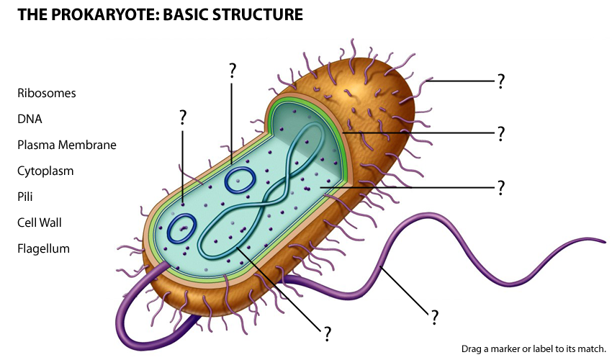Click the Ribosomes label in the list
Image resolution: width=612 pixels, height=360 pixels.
click(47, 94)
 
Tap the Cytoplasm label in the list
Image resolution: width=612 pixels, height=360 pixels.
click(45, 171)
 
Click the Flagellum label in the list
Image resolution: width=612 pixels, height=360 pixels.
click(43, 249)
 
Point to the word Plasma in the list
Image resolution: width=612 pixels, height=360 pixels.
click(34, 145)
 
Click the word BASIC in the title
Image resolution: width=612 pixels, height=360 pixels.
click(183, 14)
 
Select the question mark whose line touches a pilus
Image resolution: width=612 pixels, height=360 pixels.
click(500, 81)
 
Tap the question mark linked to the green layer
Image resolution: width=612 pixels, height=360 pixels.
click(500, 134)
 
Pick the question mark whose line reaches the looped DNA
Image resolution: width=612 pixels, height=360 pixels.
click(327, 333)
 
